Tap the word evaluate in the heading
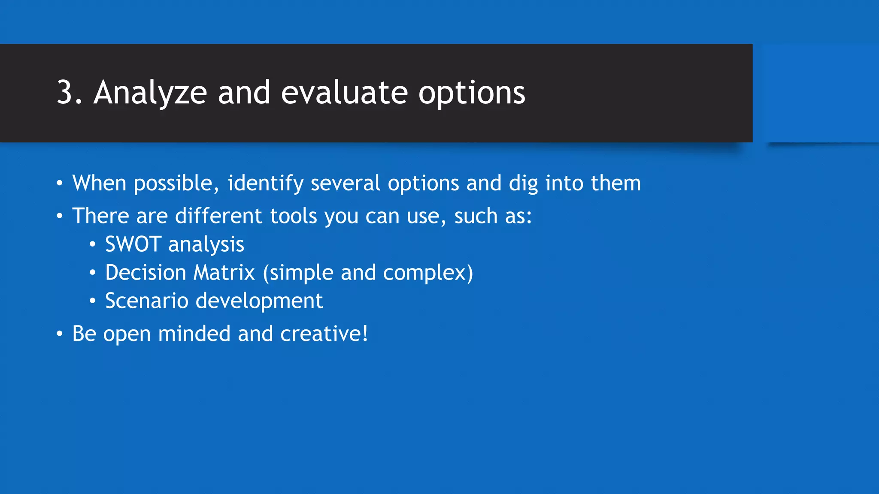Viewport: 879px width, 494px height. pos(344,93)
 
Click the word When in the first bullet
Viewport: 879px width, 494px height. pos(99,183)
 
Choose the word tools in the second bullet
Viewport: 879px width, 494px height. pos(293,216)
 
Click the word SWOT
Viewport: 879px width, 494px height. pos(133,244)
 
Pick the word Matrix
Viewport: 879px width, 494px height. pos(224,273)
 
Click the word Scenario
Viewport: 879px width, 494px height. pos(146,301)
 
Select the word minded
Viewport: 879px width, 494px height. pos(194,334)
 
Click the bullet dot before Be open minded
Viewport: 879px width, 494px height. pos(60,334)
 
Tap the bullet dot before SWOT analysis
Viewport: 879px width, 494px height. pos(92,244)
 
